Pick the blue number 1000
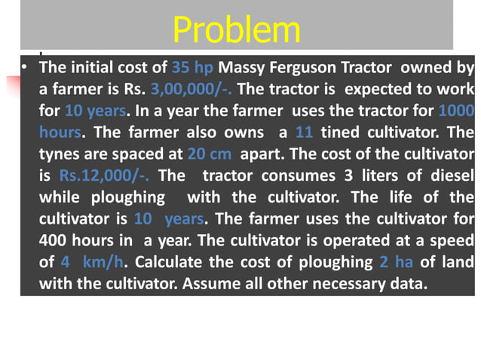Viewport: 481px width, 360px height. point(455,111)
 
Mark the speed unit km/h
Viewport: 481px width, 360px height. point(103,262)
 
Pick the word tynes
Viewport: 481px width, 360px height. point(62,154)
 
